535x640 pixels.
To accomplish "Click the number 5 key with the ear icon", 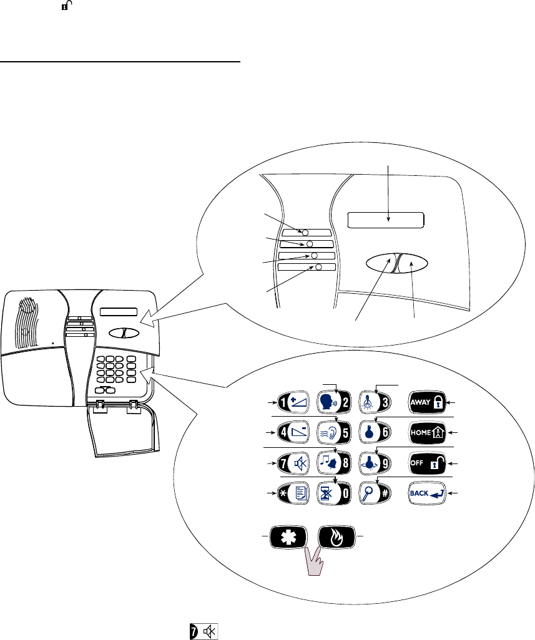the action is pos(336,432).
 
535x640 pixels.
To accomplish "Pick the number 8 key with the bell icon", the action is pos(336,463).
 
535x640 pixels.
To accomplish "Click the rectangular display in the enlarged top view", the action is pos(385,220).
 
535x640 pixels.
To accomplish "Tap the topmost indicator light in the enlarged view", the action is pos(306,232).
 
